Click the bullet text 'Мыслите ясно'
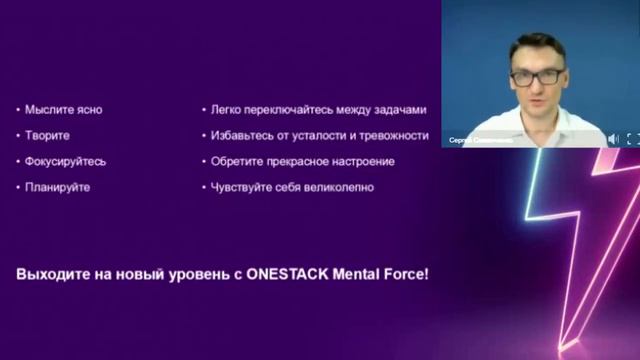click(x=64, y=110)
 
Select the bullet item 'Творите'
click(x=48, y=135)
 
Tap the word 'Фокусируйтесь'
click(x=65, y=161)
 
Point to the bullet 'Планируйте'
click(x=57, y=187)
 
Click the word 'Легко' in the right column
click(x=227, y=110)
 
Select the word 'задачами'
click(x=401, y=110)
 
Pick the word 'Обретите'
click(x=236, y=161)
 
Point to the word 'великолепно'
click(x=337, y=187)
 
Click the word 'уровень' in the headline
click(x=194, y=272)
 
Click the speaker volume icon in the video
click(x=613, y=139)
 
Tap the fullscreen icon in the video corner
click(x=632, y=139)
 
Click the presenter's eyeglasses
click(x=536, y=75)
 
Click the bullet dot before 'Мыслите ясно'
click(x=19, y=110)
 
